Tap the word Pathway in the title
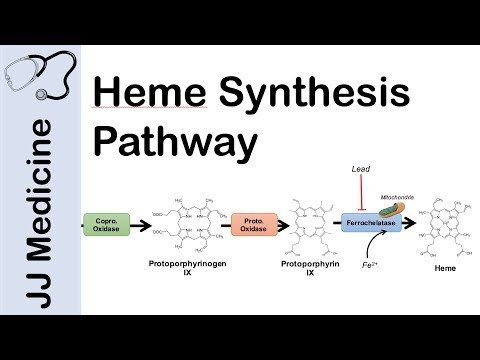(x=171, y=144)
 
